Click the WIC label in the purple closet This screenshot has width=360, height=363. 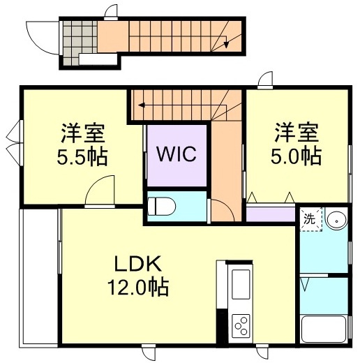coord(177,154)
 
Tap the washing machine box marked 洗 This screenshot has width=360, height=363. coord(310,218)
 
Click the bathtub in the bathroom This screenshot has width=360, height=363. coord(324,327)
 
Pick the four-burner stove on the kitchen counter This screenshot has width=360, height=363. coord(241,324)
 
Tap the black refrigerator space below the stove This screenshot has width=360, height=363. coord(222,328)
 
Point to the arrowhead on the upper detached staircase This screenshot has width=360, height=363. coord(225,45)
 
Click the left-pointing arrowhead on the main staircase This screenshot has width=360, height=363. coord(142,105)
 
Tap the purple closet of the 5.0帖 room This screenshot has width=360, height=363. coord(271,213)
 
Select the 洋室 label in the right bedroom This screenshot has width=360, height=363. coord(297,131)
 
